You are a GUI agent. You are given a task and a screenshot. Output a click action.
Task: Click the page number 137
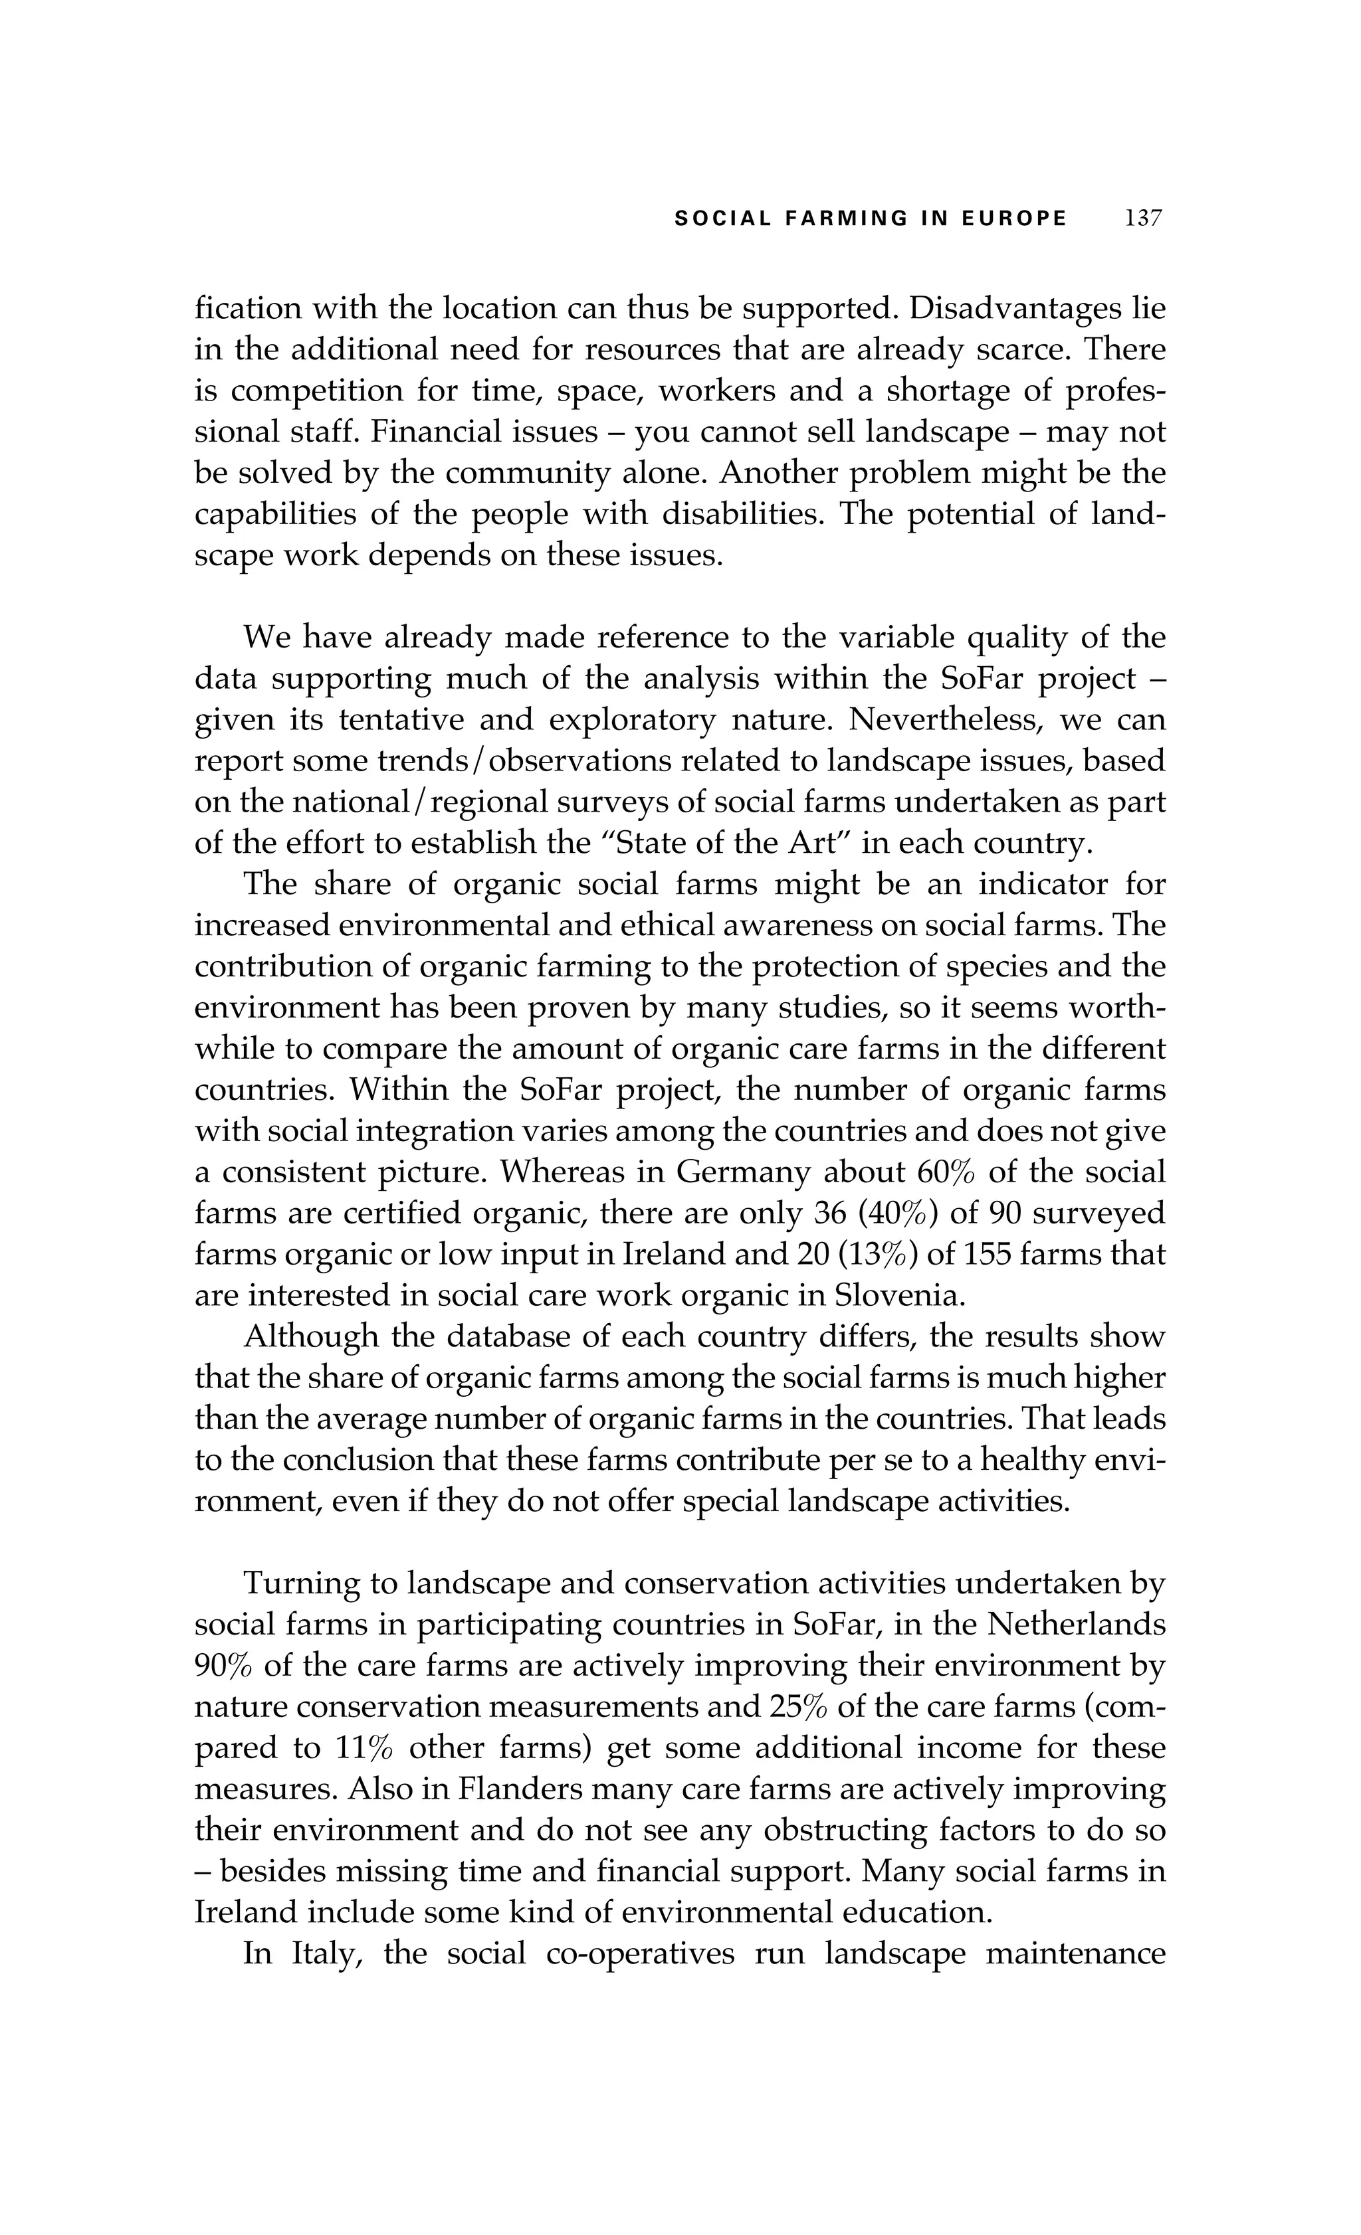pyautogui.click(x=1143, y=219)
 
